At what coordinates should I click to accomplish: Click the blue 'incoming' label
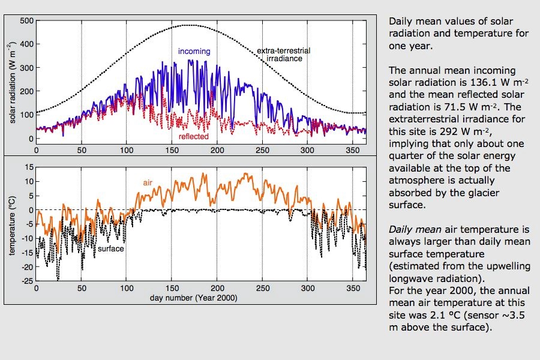(x=194, y=52)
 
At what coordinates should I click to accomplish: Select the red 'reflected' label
(x=193, y=137)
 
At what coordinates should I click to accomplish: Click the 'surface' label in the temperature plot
(x=110, y=248)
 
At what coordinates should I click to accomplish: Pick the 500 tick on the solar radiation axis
(x=26, y=20)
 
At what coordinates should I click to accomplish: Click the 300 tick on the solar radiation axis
(x=26, y=68)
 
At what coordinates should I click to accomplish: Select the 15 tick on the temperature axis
(x=29, y=166)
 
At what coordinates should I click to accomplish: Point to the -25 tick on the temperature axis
(x=27, y=281)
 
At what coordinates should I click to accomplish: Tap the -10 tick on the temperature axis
(x=27, y=238)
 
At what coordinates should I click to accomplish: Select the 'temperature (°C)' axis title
(x=13, y=223)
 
